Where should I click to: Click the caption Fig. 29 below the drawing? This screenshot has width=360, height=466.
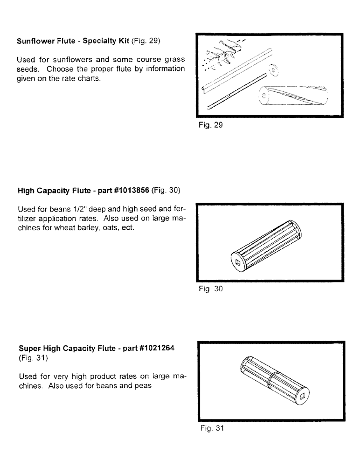(208, 126)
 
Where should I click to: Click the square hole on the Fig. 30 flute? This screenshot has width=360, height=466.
(238, 262)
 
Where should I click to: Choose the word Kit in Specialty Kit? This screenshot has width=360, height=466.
(123, 41)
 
